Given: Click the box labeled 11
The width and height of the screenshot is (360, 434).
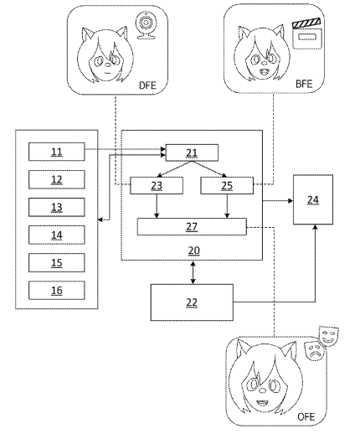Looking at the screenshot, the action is click(x=57, y=152).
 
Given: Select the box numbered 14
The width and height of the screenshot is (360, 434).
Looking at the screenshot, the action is click(x=57, y=235).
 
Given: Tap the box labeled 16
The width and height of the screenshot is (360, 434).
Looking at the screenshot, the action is click(x=57, y=290).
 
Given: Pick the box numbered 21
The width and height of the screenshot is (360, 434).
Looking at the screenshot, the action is click(x=192, y=152).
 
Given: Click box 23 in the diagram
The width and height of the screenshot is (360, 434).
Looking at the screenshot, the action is click(x=157, y=185).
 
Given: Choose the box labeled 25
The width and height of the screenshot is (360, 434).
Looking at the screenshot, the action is click(x=227, y=185).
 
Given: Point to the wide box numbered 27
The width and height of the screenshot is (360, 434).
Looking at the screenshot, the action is click(x=192, y=226).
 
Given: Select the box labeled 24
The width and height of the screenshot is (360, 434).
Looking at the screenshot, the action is click(x=313, y=199).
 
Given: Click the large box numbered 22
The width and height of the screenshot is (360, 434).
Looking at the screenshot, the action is click(x=192, y=302).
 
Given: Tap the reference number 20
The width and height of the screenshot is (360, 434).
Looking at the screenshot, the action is click(x=193, y=251).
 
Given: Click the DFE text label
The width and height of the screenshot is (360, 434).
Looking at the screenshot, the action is click(x=147, y=85).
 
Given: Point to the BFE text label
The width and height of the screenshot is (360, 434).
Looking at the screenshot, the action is click(x=304, y=84).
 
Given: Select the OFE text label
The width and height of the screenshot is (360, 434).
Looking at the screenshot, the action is click(x=306, y=416).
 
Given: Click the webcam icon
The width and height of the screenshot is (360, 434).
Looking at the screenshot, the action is click(x=146, y=26).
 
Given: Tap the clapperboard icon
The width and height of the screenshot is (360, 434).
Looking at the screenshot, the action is click(x=307, y=34).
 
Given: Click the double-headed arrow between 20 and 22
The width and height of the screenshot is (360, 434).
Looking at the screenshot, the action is click(x=193, y=272).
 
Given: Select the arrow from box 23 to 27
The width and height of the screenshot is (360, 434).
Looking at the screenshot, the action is click(x=157, y=206).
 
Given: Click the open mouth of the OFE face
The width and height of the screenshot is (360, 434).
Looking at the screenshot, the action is click(x=262, y=402).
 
